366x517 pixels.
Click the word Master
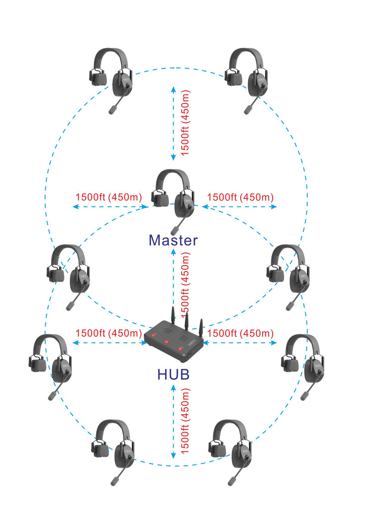pos(173,240)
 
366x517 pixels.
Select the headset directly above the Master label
pos(174,194)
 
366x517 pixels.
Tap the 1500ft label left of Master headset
pos(108,197)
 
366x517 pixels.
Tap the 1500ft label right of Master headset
pos(240,197)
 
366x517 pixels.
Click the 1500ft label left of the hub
pos(108,333)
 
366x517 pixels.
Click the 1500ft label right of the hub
pos(240,333)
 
